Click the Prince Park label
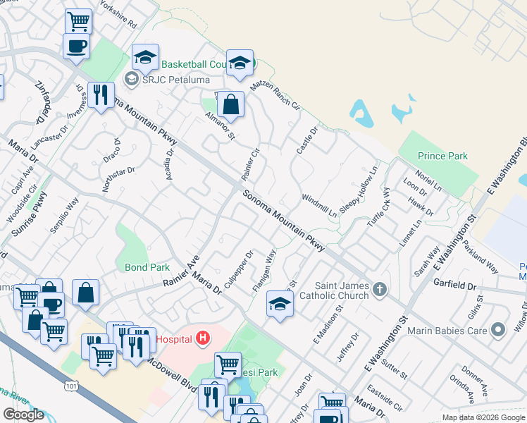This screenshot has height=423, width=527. click(x=442, y=156)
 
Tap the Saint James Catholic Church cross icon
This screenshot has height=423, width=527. click(x=380, y=289)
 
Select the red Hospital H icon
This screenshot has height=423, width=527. click(x=204, y=339)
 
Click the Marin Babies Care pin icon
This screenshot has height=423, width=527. click(x=499, y=329)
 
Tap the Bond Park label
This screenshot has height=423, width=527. click(x=147, y=268)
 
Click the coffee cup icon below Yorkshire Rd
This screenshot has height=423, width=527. click(x=76, y=47)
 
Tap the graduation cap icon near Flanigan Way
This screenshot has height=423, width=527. click(x=280, y=305)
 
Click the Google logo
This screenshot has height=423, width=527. click(x=23, y=415)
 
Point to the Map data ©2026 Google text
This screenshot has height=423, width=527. click(x=483, y=417)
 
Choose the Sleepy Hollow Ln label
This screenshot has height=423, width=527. click(x=359, y=190)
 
